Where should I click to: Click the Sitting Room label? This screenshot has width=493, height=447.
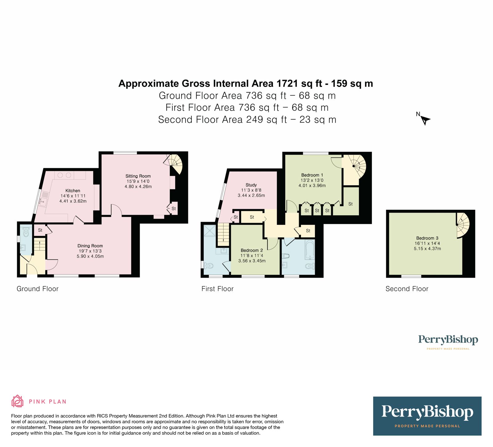click(x=138, y=176)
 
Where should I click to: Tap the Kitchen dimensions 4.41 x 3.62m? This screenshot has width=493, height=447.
click(x=73, y=201)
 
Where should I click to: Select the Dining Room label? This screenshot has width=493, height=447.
click(x=90, y=246)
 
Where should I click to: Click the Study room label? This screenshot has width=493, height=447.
click(x=251, y=185)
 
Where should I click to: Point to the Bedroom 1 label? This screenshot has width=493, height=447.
click(x=312, y=175)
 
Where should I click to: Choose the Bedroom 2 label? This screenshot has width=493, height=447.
click(x=252, y=250)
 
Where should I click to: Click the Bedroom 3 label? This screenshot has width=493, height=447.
click(x=427, y=238)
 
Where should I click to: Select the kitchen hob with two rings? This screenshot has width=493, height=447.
click(x=64, y=175)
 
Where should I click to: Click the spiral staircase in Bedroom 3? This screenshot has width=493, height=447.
click(x=462, y=226)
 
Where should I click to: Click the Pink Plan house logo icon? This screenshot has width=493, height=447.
click(x=17, y=401)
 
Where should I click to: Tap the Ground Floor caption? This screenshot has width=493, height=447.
click(x=37, y=289)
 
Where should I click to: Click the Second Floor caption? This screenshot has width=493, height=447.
click(x=407, y=289)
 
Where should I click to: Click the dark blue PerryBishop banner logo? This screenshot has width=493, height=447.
click(x=427, y=416)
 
